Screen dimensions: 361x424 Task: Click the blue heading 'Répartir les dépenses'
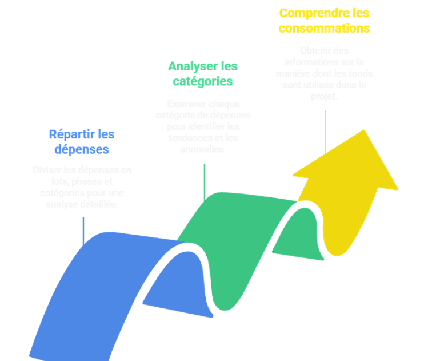point(81,142)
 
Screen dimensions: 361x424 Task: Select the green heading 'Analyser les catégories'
point(203,74)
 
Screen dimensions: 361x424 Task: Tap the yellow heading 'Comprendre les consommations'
point(324,20)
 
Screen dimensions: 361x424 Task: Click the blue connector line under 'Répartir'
point(83,231)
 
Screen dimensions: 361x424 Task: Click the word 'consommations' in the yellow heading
point(325,27)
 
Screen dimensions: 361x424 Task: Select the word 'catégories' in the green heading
point(203,81)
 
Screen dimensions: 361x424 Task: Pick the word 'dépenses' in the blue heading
point(81,150)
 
